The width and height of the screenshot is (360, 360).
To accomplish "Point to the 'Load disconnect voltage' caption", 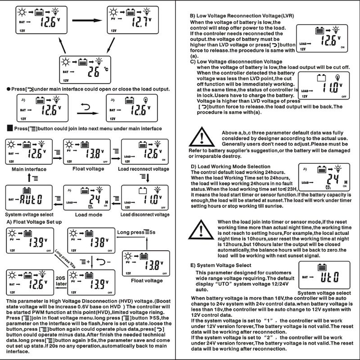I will click(x=145, y=215).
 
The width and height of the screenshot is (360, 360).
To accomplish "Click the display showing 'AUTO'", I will click(x=27, y=198).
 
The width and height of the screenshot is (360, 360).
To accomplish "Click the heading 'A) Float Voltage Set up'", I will click(x=36, y=222).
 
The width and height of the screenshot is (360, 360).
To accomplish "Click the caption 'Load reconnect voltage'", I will click(x=144, y=169).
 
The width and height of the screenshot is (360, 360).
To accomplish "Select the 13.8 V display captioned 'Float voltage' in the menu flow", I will click(x=86, y=153).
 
